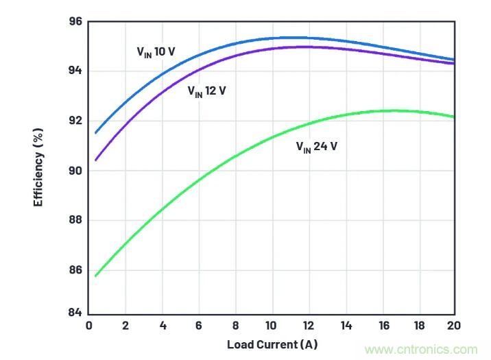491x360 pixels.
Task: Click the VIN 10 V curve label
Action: click(154, 51)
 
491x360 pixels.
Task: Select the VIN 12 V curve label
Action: click(206, 91)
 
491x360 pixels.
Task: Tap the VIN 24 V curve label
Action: click(316, 147)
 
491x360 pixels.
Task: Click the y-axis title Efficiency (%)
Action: click(39, 167)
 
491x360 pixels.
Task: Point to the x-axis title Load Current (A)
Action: click(272, 344)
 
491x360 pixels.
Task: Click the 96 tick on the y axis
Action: click(75, 22)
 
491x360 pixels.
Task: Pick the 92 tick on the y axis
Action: click(75, 121)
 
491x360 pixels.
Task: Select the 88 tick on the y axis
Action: click(75, 220)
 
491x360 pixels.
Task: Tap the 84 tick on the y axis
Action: click(75, 313)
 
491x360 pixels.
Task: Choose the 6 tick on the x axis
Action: click(198, 325)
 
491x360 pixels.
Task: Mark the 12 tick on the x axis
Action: click(308, 325)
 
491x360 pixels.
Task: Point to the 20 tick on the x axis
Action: click(453, 325)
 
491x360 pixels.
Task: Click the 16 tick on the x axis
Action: click(381, 325)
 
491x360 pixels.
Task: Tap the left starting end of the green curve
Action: click(95, 276)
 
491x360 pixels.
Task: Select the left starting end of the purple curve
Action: click(95, 160)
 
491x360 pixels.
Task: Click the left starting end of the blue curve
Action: click(95, 132)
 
